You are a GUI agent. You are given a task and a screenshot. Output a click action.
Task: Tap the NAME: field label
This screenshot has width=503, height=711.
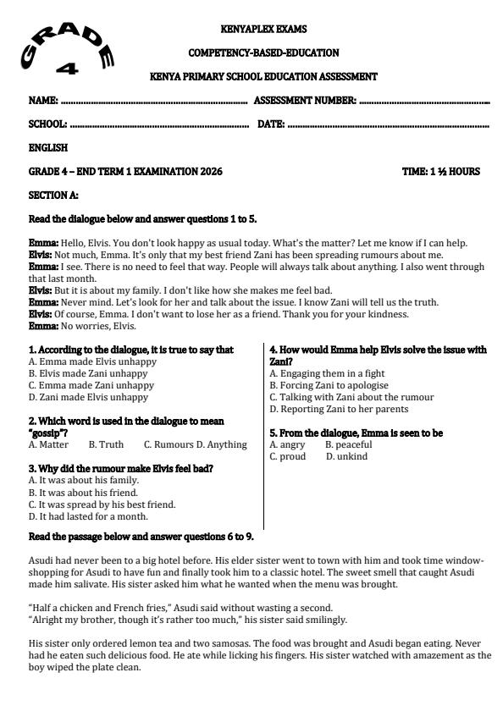pos(43,101)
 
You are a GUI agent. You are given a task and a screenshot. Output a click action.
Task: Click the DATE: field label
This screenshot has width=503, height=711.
pos(271,124)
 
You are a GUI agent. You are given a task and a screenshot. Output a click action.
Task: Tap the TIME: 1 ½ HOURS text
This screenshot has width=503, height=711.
pos(440,172)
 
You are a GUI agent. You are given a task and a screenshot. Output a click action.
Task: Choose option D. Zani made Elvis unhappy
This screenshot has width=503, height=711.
pos(88,397)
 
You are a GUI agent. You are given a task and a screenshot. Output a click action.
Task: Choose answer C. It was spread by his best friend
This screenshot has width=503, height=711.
pos(102,504)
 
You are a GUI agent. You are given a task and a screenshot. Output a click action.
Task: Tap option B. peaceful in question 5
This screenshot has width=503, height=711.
pos(348,444)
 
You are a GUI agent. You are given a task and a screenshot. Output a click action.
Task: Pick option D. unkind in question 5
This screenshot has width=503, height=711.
pos(346,456)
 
